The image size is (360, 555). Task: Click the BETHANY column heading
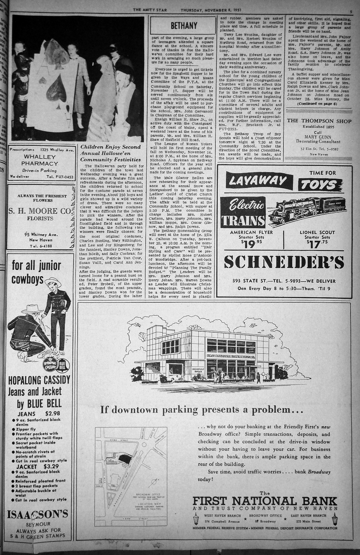(x=183, y=26)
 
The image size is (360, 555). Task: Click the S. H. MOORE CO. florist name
(x=40, y=212)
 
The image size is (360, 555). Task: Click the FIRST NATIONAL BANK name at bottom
(x=264, y=501)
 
